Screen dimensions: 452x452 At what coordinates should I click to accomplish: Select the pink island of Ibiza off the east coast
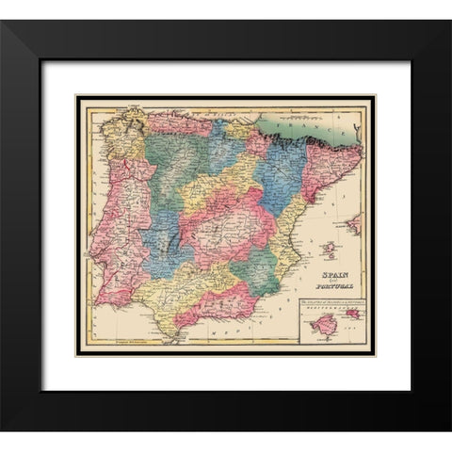[329, 249]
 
